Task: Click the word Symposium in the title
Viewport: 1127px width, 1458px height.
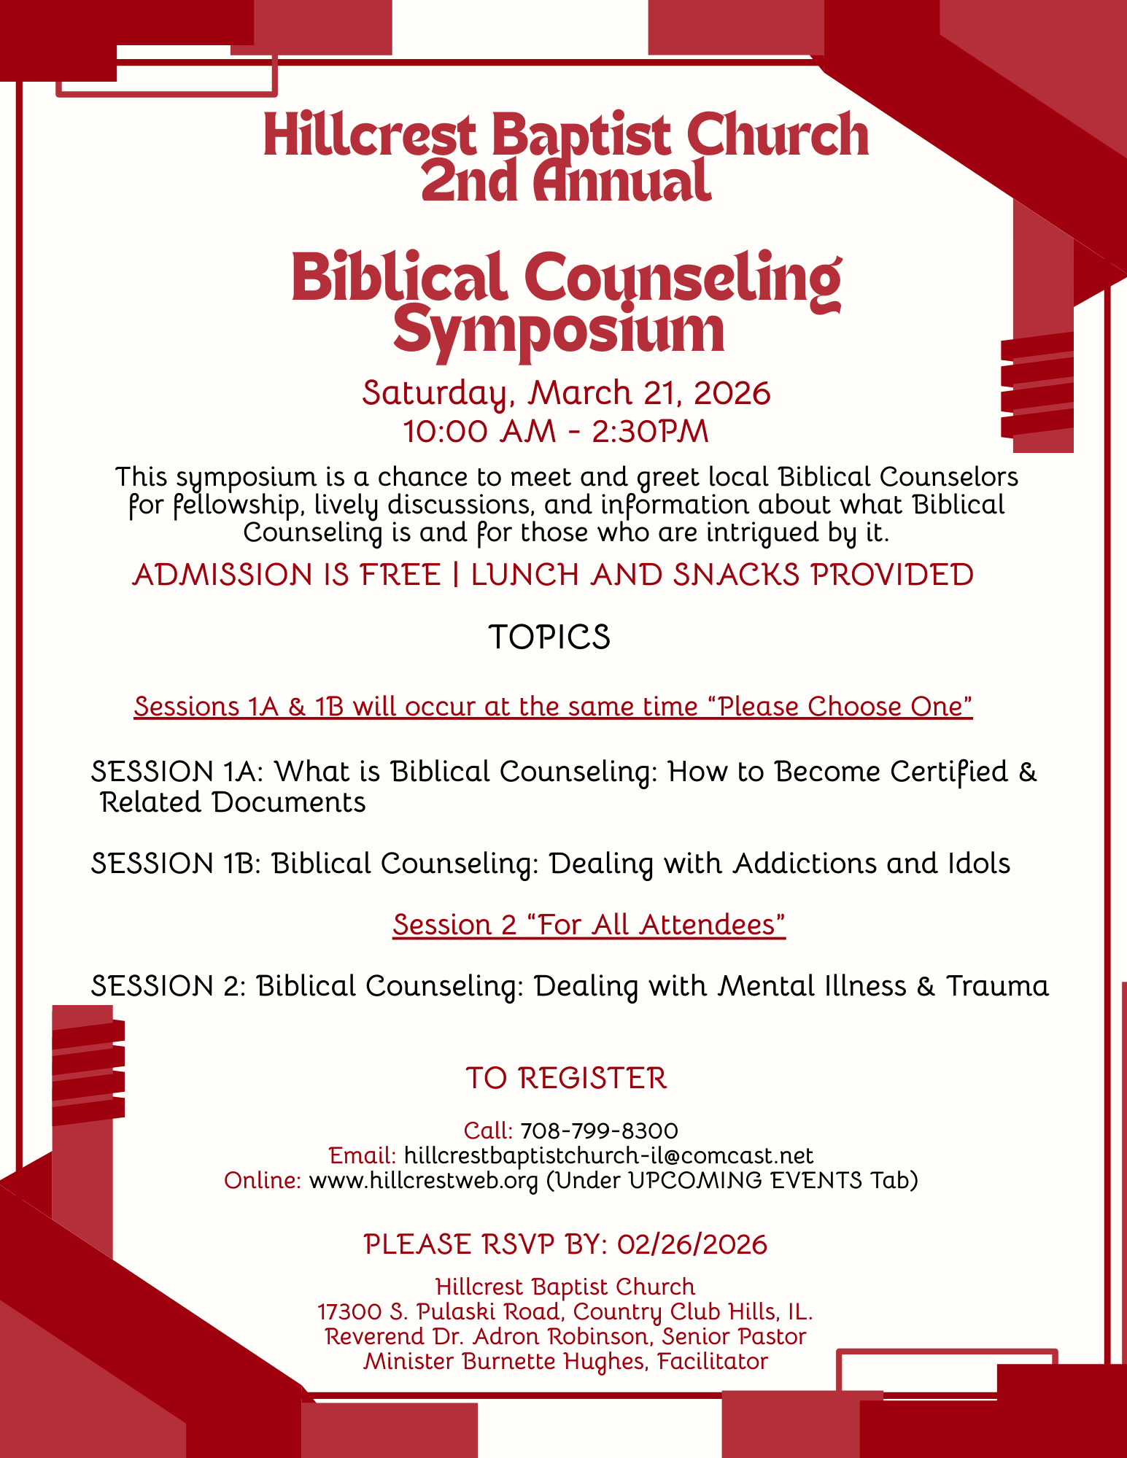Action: tap(559, 331)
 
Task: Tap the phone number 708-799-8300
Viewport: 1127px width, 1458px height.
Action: tap(599, 1131)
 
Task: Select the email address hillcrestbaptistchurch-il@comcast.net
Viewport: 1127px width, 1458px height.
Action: tap(608, 1155)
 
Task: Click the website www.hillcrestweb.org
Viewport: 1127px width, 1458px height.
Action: tap(423, 1180)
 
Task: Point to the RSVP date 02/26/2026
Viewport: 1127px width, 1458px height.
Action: tap(692, 1244)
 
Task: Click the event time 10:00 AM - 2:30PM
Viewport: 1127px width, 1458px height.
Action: tap(556, 431)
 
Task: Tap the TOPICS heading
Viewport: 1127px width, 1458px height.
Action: tap(549, 637)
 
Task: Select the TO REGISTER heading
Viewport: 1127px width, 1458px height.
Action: tap(566, 1078)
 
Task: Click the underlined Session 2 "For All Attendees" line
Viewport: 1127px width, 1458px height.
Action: tap(589, 925)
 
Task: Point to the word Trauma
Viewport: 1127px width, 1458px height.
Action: tap(997, 986)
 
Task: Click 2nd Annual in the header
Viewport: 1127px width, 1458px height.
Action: tap(565, 182)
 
